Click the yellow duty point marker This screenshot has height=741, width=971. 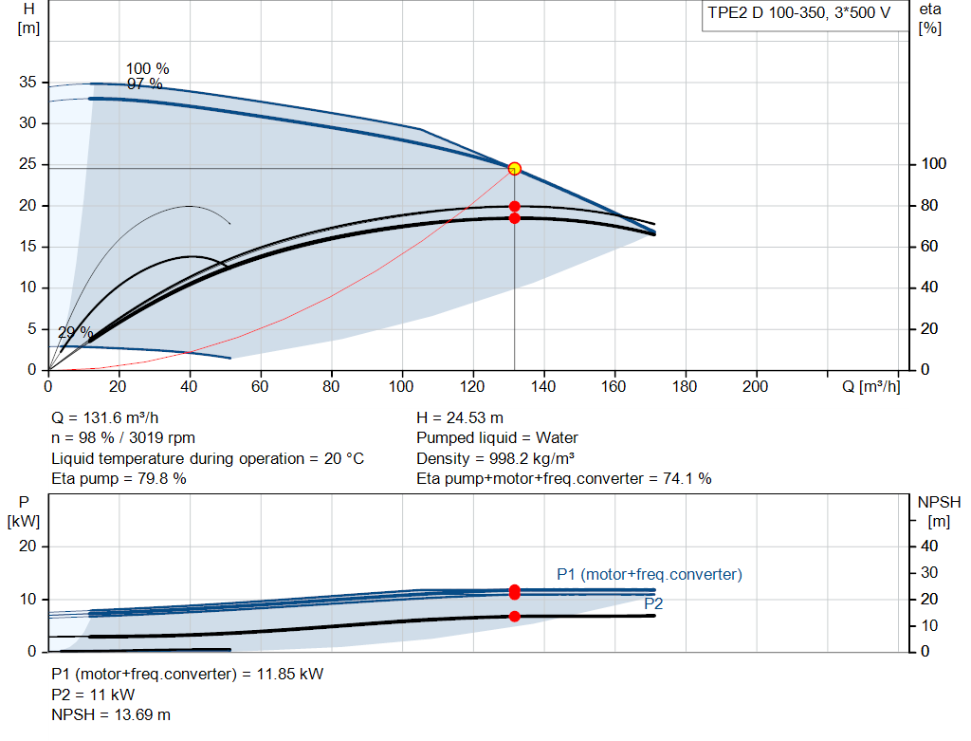pyautogui.click(x=515, y=169)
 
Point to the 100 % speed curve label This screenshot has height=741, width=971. pyautogui.click(x=147, y=68)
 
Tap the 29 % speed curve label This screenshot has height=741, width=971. pyautogui.click(x=76, y=332)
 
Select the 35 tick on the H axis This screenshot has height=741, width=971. pyautogui.click(x=27, y=82)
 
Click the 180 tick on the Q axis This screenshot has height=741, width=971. pyautogui.click(x=685, y=386)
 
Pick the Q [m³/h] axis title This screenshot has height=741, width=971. pyautogui.click(x=870, y=386)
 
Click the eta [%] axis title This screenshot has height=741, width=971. pyautogui.click(x=930, y=19)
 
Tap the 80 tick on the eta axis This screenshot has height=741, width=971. pyautogui.click(x=929, y=205)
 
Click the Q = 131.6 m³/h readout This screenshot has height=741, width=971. pyautogui.click(x=104, y=417)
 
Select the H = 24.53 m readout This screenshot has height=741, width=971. pyautogui.click(x=460, y=417)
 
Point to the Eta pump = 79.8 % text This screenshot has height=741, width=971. pyautogui.click(x=119, y=478)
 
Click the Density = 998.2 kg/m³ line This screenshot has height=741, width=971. pyautogui.click(x=495, y=458)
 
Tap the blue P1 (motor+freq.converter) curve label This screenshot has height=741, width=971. pyautogui.click(x=649, y=574)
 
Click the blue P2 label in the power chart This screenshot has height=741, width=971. pyautogui.click(x=653, y=603)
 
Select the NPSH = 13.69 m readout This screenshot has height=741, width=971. pyautogui.click(x=111, y=714)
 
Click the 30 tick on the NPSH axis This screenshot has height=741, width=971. pyautogui.click(x=929, y=572)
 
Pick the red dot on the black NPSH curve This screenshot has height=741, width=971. pyautogui.click(x=515, y=617)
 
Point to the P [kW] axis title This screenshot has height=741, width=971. pyautogui.click(x=24, y=511)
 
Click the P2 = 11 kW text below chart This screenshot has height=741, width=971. pyautogui.click(x=93, y=695)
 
